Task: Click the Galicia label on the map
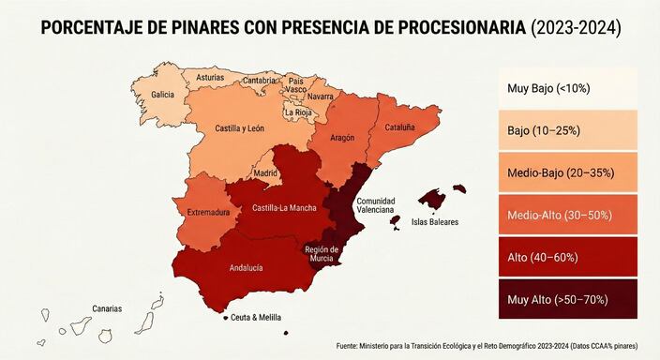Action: [163, 95]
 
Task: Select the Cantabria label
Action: [259, 81]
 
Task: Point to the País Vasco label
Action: [296, 86]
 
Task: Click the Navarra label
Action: [320, 97]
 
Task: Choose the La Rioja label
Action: [297, 112]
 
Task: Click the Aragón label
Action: [342, 138]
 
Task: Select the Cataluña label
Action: [398, 127]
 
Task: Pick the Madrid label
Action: [265, 174]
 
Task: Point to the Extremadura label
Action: [208, 213]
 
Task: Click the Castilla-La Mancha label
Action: [283, 207]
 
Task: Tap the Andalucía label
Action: [246, 267]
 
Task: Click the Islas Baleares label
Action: [435, 222]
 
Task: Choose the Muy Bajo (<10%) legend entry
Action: [562, 88]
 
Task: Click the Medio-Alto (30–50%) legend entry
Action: [562, 215]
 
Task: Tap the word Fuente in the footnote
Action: [349, 346]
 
